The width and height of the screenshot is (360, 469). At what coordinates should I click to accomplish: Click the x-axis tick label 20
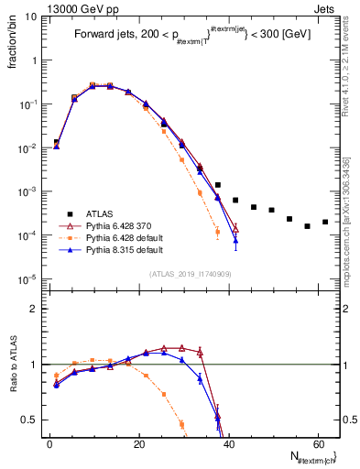138,444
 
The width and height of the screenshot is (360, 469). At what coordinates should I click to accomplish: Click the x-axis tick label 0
49,444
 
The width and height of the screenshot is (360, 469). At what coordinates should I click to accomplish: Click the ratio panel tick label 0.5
33,420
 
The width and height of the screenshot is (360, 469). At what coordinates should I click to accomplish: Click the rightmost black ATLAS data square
325,222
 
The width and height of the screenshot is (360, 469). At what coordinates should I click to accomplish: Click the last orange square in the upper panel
217,232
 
